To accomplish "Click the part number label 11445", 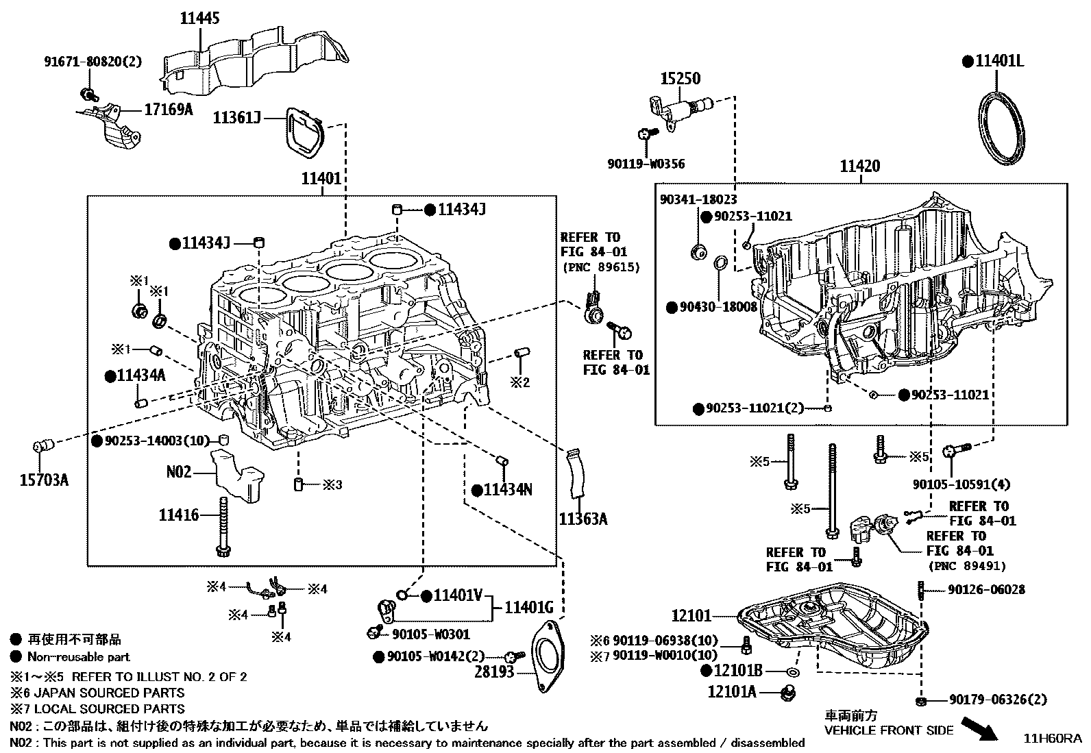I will [200, 18].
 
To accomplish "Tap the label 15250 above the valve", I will [680, 78].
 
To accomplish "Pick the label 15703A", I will [43, 479].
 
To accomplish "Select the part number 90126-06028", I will [986, 589].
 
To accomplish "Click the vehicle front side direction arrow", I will [980, 728].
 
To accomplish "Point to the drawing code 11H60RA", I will [1052, 739].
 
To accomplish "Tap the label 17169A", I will [167, 108].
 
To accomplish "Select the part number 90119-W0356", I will [646, 164].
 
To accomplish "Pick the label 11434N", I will [507, 490].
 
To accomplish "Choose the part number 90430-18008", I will [718, 307].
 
